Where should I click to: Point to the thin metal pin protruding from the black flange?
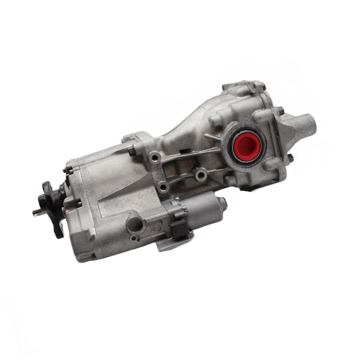coord(36,213)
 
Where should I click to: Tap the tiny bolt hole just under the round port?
coord(134,238)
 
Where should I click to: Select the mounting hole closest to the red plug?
coord(201,175)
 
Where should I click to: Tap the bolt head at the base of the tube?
coord(290,158)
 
